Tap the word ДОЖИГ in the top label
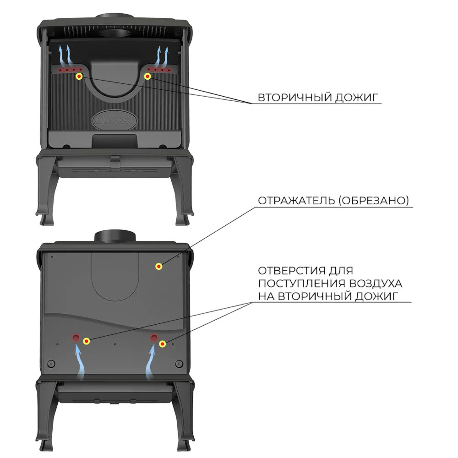(x=356, y=97)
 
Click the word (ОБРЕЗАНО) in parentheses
(x=374, y=201)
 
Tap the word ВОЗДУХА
(x=376, y=284)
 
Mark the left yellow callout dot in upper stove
(x=79, y=76)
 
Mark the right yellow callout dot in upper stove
(x=148, y=76)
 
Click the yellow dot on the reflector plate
(x=159, y=266)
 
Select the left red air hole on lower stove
(x=76, y=338)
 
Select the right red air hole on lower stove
(x=154, y=338)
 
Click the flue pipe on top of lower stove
(x=115, y=236)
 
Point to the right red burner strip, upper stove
(x=159, y=70)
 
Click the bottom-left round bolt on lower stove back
(x=51, y=364)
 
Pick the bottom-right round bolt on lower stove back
(x=179, y=364)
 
